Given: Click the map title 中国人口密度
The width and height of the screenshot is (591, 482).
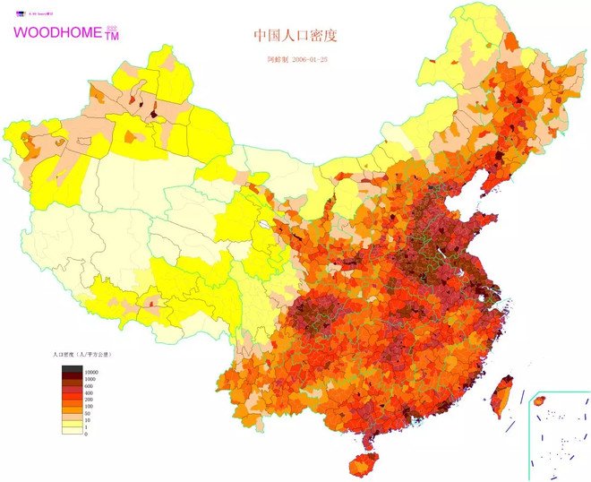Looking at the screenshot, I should point(295,36).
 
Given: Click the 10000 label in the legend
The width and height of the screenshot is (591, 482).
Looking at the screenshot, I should point(91,371).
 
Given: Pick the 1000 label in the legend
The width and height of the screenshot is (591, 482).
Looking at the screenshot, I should point(90,378).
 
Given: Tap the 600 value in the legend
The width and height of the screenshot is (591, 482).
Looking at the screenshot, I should point(89,385).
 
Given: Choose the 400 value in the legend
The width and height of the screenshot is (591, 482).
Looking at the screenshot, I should point(89,392).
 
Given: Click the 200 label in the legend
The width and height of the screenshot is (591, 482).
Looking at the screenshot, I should point(89,400).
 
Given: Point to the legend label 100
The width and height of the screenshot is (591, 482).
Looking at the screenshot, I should point(89,407).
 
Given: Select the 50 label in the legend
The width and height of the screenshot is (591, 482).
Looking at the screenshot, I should point(88,414).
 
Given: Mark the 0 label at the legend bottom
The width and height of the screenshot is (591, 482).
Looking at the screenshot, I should point(86,434).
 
